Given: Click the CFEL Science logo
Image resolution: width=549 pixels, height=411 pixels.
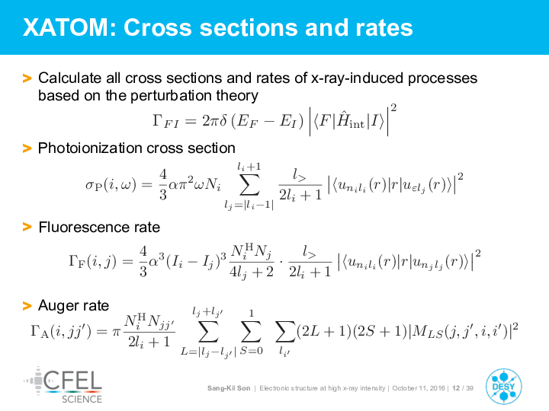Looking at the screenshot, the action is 63,385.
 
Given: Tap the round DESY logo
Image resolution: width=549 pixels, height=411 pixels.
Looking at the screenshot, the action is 503,386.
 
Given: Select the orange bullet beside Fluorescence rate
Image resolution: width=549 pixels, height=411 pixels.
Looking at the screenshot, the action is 27,227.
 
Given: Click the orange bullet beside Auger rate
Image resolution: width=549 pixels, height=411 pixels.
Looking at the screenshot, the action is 27,306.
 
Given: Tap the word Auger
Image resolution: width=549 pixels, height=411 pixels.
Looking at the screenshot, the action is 58,306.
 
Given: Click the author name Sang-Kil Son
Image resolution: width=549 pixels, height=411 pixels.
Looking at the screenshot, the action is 229,388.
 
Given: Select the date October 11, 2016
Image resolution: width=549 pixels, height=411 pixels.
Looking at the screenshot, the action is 419,388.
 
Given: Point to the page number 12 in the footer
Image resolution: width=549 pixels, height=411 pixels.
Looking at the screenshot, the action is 455,388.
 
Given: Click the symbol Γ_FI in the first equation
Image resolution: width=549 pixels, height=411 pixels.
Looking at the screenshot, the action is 165,121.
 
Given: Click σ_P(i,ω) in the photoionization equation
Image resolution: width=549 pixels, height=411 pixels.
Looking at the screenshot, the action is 111,184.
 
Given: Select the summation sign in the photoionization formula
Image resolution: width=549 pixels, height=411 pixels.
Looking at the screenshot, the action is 249,184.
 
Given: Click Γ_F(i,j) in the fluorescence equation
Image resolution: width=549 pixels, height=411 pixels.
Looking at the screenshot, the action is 92,261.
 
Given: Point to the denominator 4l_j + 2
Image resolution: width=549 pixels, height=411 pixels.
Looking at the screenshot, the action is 251,272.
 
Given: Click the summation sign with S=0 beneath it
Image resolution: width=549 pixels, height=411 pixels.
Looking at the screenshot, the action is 251,331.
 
